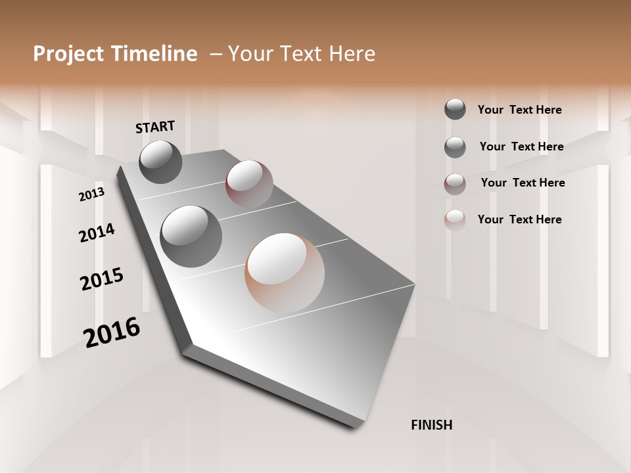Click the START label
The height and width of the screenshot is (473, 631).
click(155, 127)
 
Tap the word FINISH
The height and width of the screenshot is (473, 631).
click(432, 425)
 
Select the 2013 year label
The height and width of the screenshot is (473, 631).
click(91, 194)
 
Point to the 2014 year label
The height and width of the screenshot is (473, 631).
click(97, 233)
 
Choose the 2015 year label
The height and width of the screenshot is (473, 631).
click(102, 279)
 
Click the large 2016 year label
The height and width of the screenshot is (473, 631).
click(112, 332)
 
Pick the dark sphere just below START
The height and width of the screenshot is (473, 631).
click(160, 162)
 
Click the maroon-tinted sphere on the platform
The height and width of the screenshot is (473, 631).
click(249, 184)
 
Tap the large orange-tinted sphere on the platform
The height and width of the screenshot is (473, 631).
click(285, 272)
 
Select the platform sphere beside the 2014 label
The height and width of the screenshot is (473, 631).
click(191, 236)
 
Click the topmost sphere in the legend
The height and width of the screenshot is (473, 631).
click(455, 109)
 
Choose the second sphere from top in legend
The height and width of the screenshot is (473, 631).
click(455, 146)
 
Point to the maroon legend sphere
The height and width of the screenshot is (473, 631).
click(455, 184)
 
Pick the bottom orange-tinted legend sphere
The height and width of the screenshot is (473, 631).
click(455, 220)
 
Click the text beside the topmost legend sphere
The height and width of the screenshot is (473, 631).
click(519, 110)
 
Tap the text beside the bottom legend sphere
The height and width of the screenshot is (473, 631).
click(519, 219)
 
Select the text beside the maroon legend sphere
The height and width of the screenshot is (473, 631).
click(523, 183)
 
